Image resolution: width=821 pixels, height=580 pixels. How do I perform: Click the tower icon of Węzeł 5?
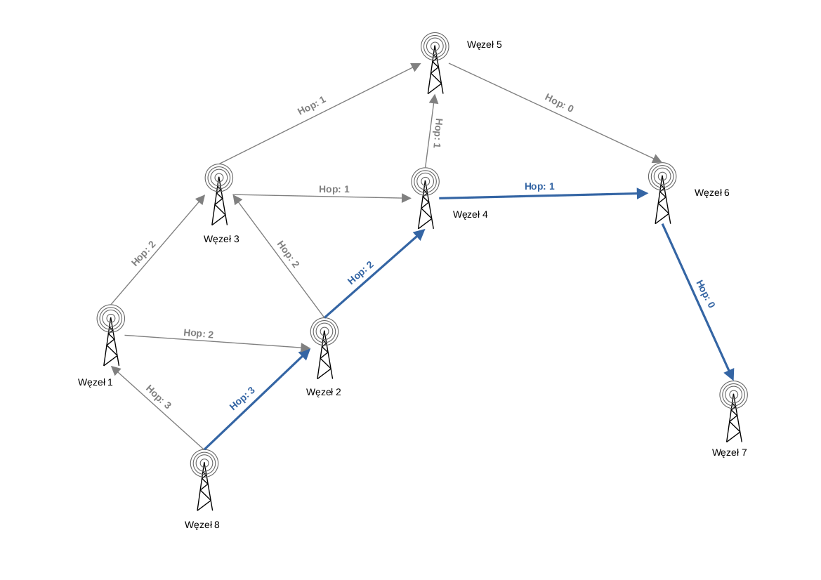pos(435,63)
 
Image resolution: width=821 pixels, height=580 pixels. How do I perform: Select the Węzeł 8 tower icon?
pos(204,481)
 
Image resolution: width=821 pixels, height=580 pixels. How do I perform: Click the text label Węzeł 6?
pos(711,192)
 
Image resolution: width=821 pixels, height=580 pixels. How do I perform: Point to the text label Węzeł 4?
pos(470,214)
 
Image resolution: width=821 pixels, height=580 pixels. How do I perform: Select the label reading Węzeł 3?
pos(221,239)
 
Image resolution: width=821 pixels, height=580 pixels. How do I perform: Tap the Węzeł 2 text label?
pos(324,392)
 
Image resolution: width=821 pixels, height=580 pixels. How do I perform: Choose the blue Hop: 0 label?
pos(705,294)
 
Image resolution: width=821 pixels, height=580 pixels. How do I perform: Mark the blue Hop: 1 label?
pos(539,186)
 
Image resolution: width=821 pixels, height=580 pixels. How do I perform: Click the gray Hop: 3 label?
pos(158,397)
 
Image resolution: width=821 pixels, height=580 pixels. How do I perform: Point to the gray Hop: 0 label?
pos(559,103)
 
